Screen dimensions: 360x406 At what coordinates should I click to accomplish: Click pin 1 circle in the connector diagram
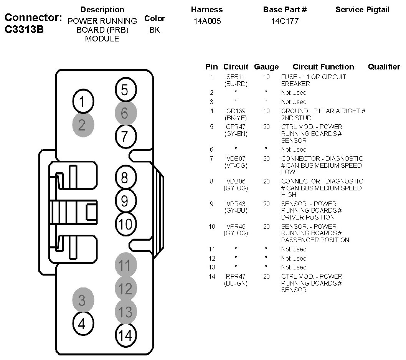pos(82,102)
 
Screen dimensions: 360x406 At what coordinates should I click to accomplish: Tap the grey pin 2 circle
pos(82,125)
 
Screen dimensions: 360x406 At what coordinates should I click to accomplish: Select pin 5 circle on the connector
pos(125,90)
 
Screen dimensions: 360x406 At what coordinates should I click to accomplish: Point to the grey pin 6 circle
pos(125,113)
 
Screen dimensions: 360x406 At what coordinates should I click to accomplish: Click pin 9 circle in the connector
pos(125,200)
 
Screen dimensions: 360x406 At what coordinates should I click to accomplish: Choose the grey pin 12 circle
pos(125,289)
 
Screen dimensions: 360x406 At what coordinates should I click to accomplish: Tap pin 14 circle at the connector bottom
pos(125,335)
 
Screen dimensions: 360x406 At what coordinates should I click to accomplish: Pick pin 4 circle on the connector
pos(82,324)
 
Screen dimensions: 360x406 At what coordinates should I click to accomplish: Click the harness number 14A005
pos(207,21)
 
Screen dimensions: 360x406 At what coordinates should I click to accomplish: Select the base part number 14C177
pos(284,21)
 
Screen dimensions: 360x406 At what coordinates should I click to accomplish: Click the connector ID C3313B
pos(24,30)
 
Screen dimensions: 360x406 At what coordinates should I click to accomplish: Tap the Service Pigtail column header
pos(362,10)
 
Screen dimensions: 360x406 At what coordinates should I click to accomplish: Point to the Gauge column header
pos(266,67)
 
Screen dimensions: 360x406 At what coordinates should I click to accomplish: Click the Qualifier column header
pos(384,67)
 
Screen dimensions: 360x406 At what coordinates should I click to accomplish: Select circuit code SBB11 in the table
pos(236,77)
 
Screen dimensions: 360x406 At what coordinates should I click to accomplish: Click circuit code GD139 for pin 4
pos(236,111)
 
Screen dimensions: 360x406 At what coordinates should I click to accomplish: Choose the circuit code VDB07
pos(236,159)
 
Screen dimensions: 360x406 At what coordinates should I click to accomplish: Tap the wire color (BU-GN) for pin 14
pos(236,283)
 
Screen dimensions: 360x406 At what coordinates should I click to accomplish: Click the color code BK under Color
pos(155,30)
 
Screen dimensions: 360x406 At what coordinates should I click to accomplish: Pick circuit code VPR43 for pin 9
pos(236,204)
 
